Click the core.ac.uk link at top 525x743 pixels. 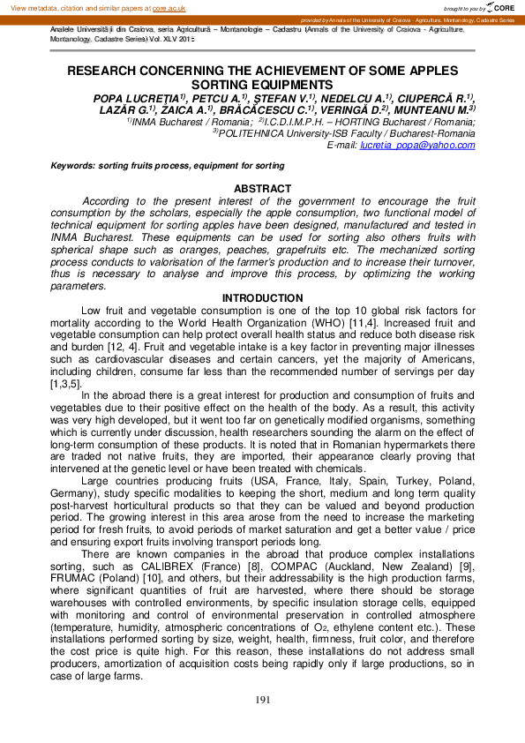[167, 7]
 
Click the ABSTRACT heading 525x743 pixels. [262, 189]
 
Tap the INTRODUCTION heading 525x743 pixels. [262, 298]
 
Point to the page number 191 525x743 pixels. [262, 700]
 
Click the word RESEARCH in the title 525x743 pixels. [105, 71]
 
